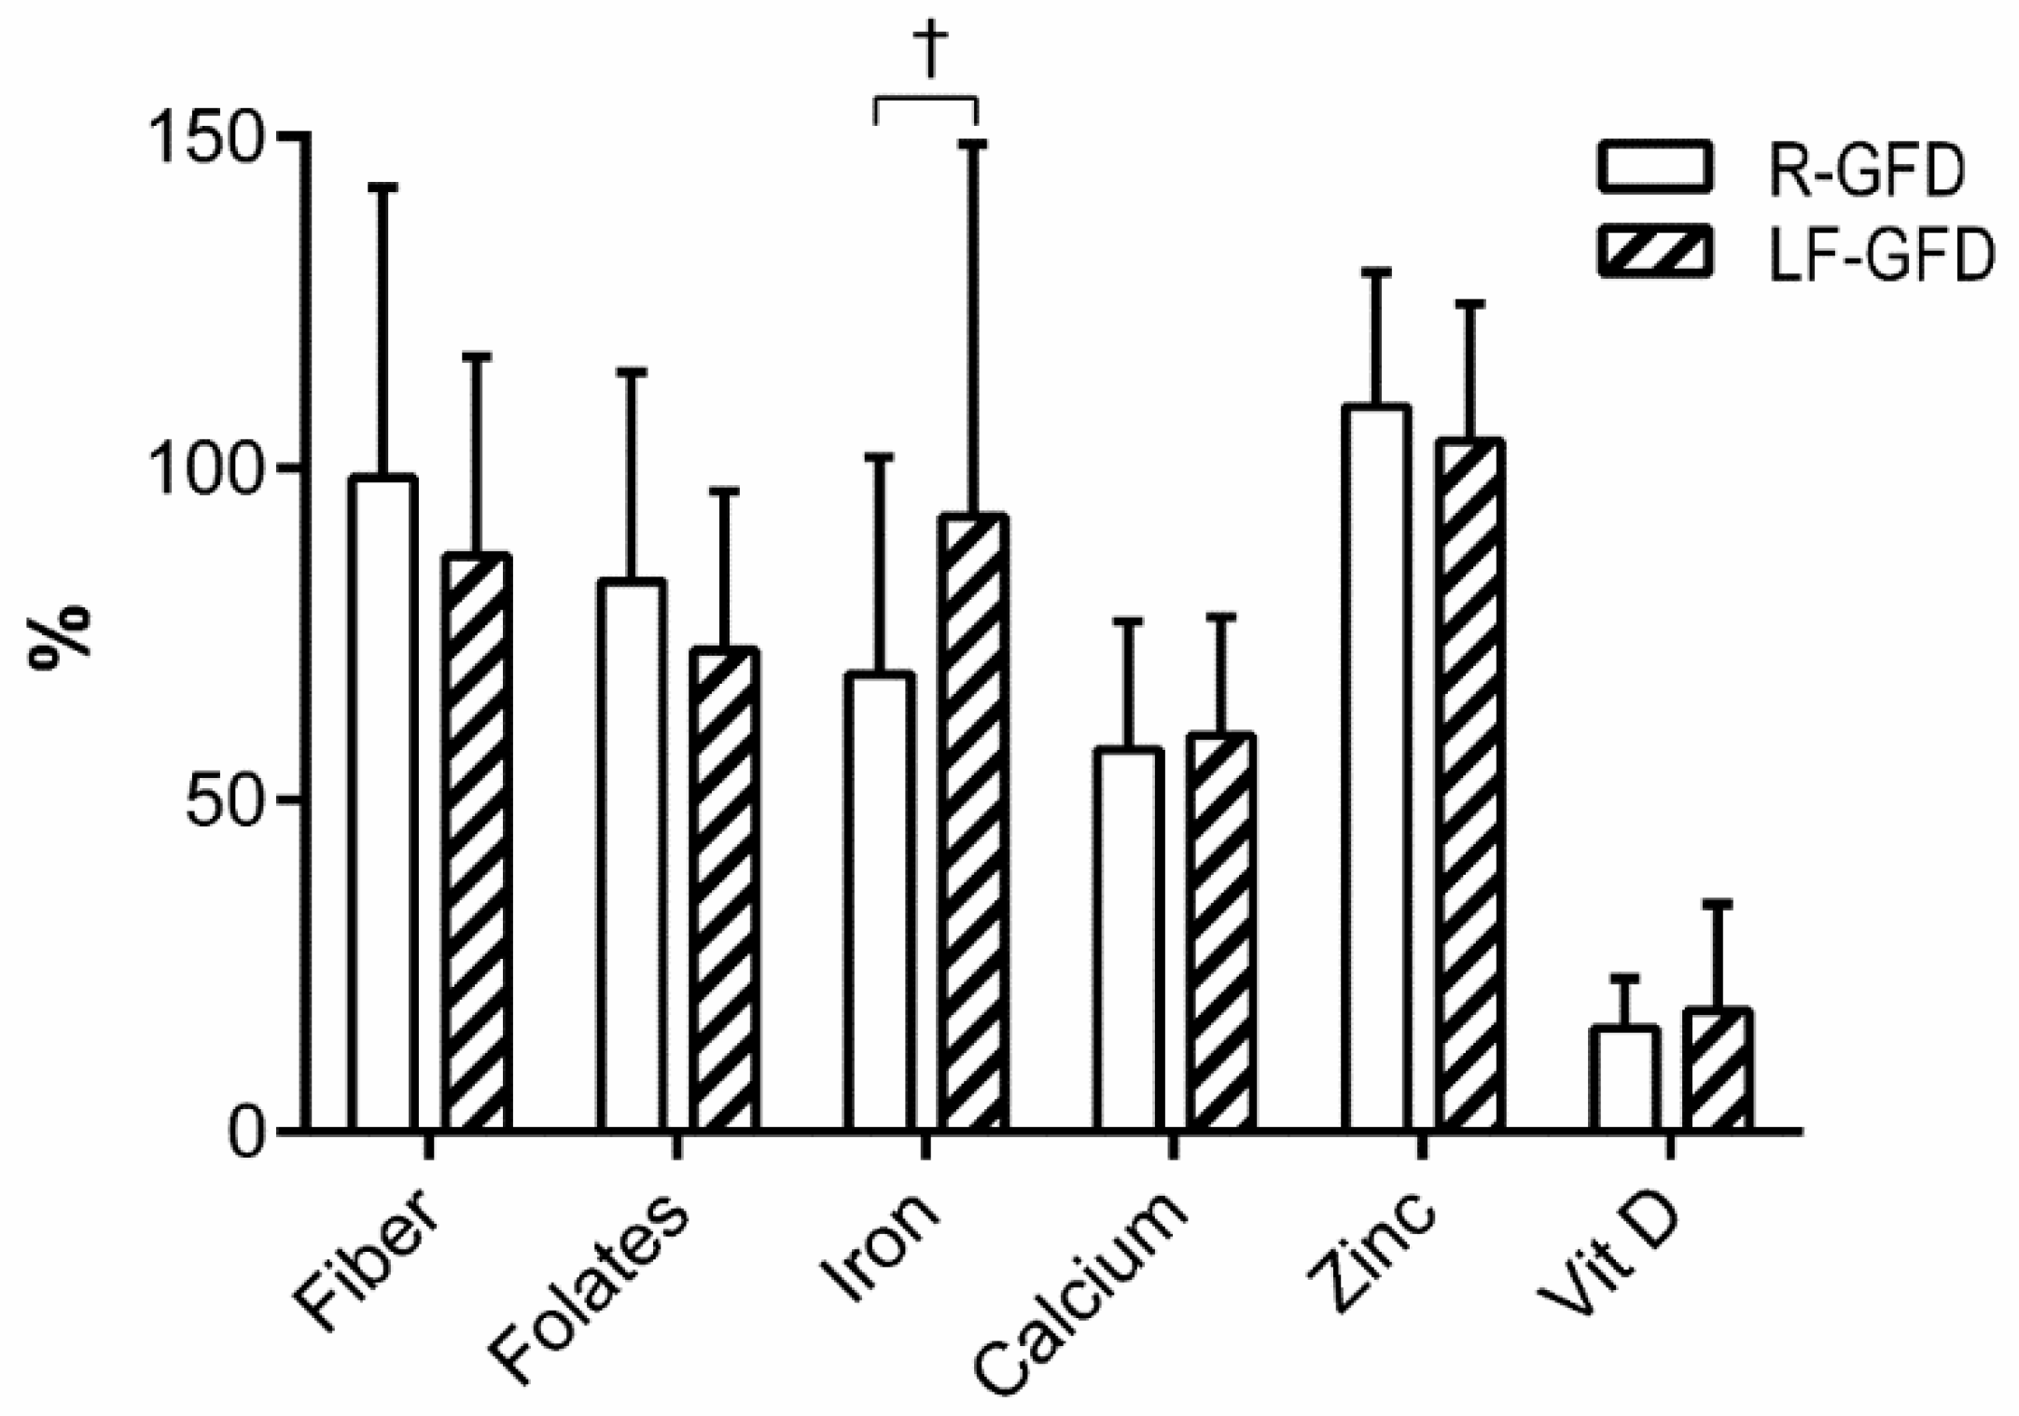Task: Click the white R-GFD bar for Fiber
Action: tap(383, 802)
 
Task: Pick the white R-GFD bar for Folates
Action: tap(632, 854)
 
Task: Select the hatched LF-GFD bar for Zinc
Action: tap(1470, 784)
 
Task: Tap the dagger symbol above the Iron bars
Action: tap(930, 51)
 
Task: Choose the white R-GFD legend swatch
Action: tap(1655, 168)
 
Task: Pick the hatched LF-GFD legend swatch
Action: tap(1655, 251)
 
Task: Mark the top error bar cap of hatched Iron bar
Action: tap(973, 143)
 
